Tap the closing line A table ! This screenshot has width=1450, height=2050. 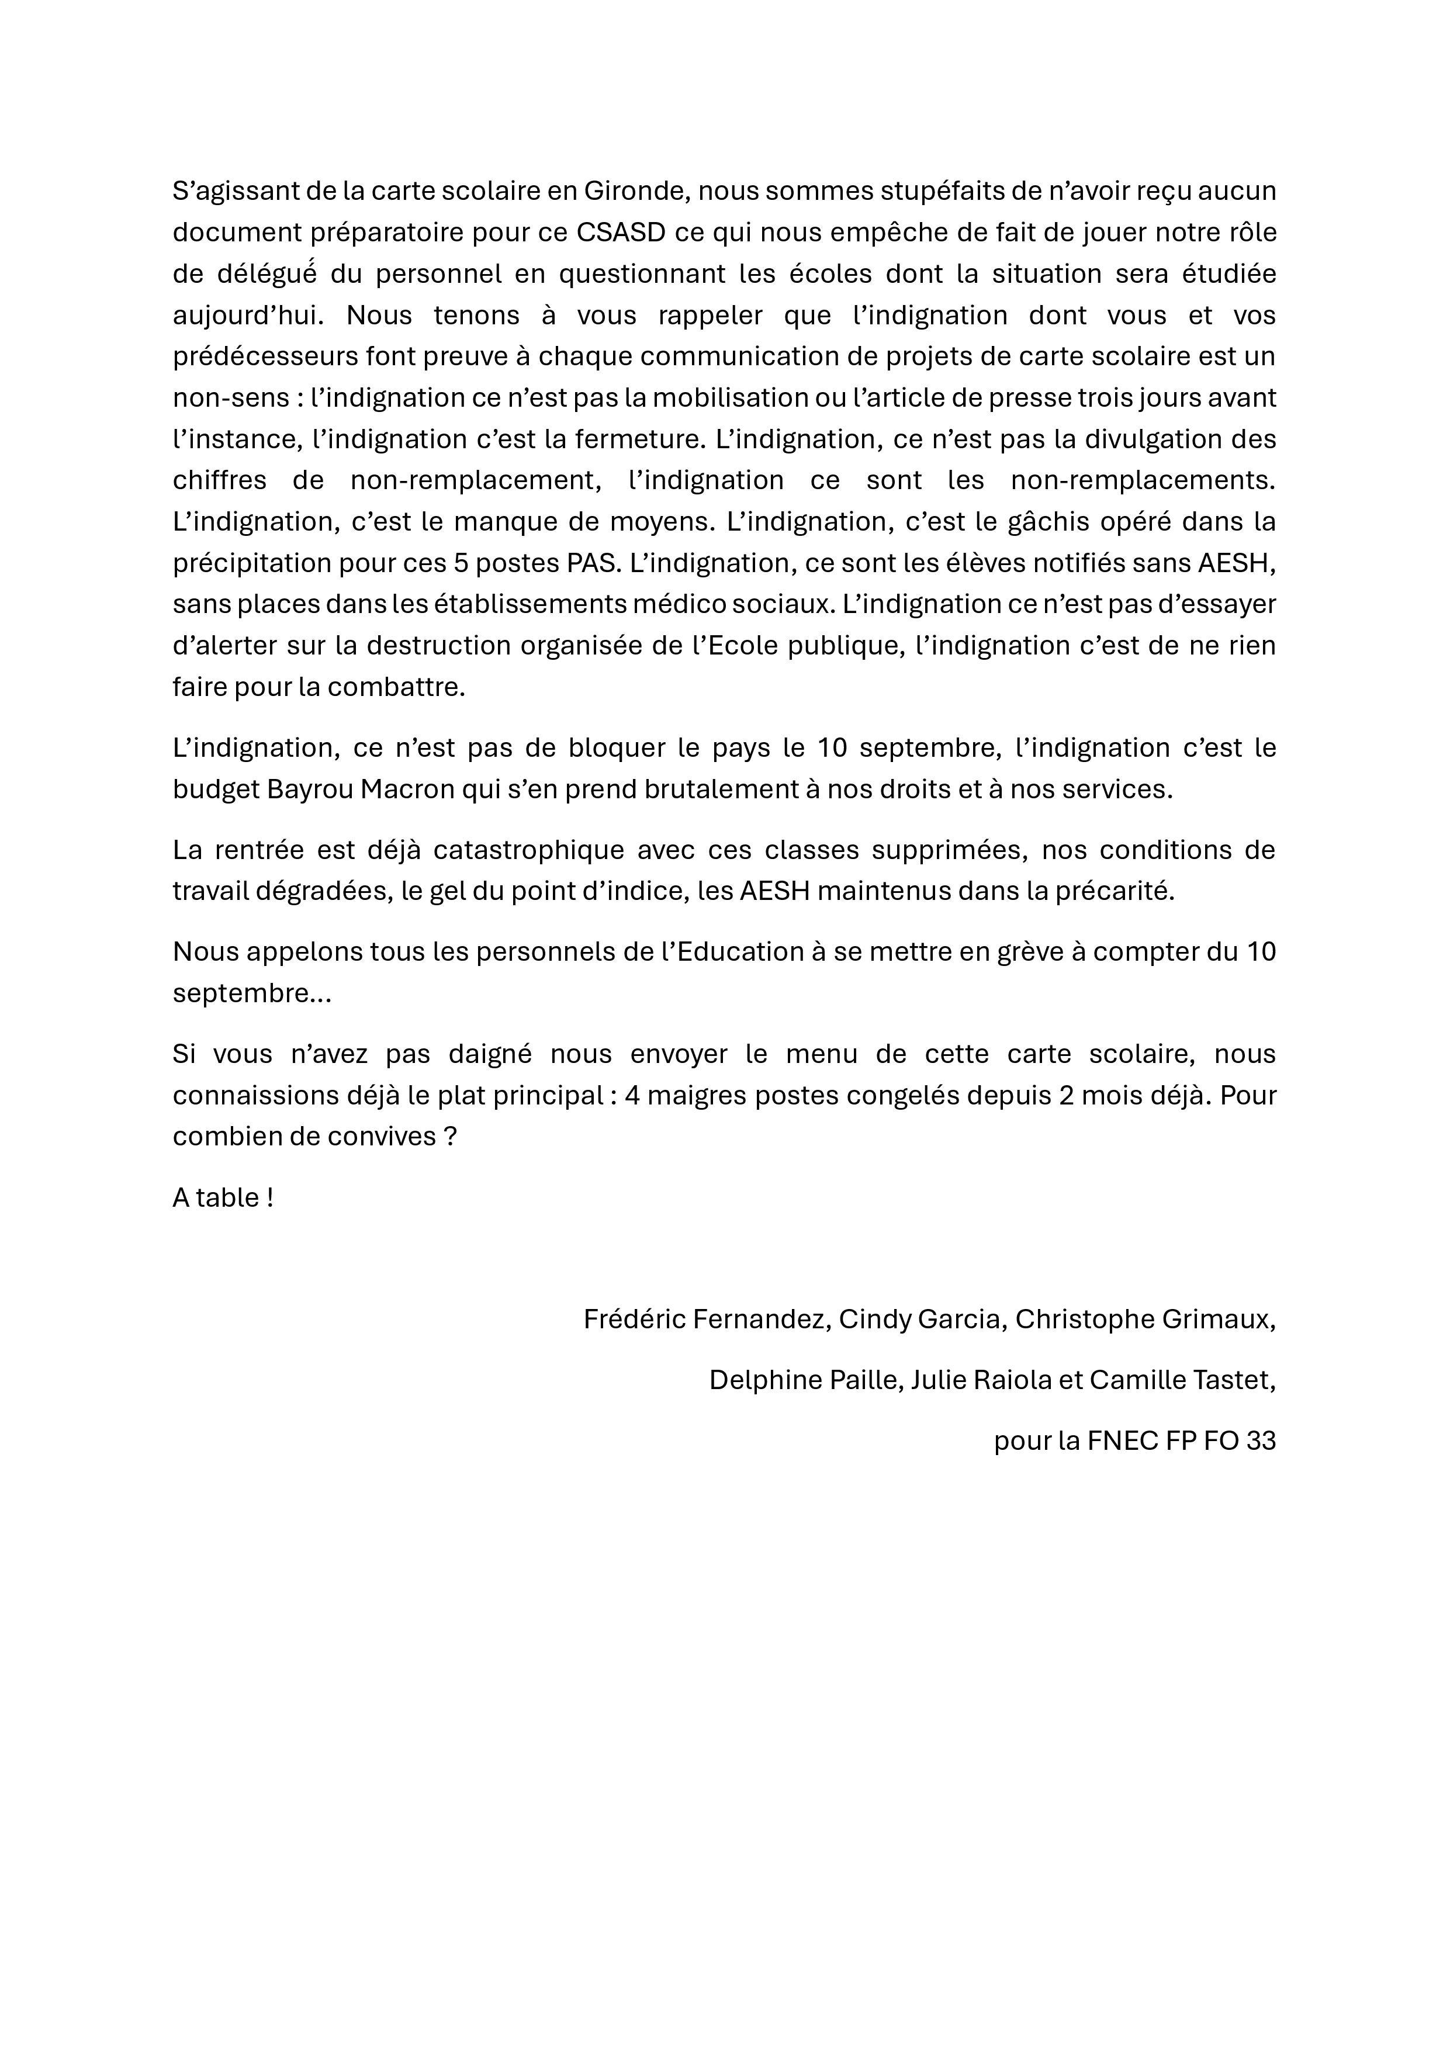(x=222, y=1197)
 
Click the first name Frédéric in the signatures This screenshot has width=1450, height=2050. (x=634, y=1319)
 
